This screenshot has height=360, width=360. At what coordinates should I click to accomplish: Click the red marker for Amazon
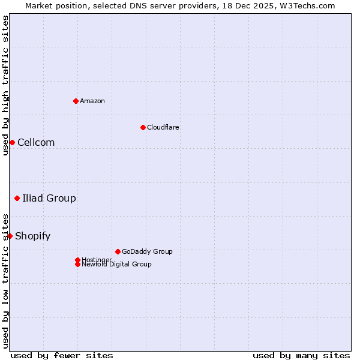pos(76,101)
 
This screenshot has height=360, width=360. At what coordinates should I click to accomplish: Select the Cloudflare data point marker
pos(143,127)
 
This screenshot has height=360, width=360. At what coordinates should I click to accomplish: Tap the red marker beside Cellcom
pos(12,142)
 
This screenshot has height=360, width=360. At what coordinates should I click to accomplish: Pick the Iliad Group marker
pos(17,198)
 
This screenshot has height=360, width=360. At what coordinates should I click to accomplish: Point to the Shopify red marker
pos(10,236)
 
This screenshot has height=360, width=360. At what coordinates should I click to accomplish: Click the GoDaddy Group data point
pos(118,251)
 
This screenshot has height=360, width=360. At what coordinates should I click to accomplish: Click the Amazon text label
pos(92,101)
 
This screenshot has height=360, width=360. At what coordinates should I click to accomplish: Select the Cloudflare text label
pos(163,127)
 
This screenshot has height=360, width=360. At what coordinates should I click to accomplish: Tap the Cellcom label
pos(36,142)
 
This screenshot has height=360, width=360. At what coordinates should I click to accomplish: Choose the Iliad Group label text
pos(49,198)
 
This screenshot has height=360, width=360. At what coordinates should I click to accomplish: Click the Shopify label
pos(33,236)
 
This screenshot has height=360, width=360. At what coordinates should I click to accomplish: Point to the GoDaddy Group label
pos(147,251)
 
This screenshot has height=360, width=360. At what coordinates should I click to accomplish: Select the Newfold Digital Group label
pos(116,264)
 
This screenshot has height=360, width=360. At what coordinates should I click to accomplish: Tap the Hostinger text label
pos(97,260)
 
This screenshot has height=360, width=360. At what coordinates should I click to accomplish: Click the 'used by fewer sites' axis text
pos(62,355)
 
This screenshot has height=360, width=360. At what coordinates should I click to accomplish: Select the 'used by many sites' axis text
pos(301,355)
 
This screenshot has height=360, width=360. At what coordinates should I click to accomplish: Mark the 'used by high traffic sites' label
pos(5,85)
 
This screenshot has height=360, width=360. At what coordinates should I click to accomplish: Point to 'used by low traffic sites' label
pos(5,282)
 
